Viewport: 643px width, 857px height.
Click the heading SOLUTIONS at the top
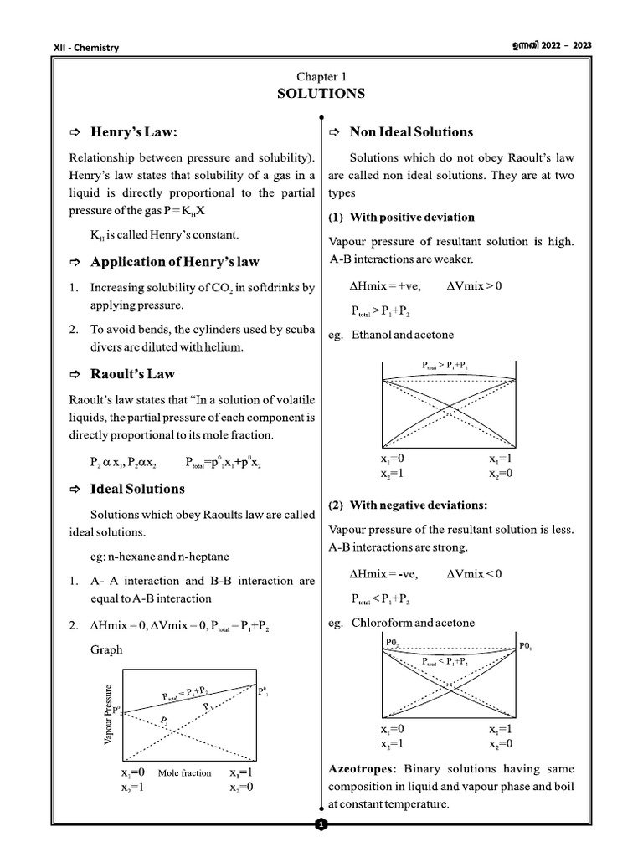pyautogui.click(x=321, y=94)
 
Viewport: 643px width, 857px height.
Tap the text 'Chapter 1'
pyautogui.click(x=321, y=76)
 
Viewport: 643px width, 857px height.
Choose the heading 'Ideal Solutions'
pyautogui.click(x=137, y=489)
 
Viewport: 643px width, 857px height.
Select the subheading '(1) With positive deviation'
pyautogui.click(x=402, y=218)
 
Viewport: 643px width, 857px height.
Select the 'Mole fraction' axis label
pyautogui.click(x=184, y=773)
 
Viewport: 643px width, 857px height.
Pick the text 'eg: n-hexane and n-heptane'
pyautogui.click(x=160, y=557)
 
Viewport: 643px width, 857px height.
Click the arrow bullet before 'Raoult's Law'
pyautogui.click(x=75, y=374)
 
